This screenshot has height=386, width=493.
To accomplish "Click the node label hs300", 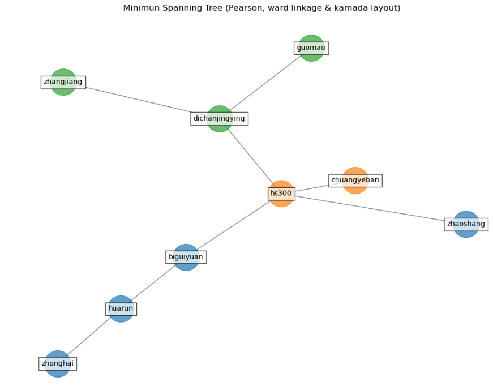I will [281, 194].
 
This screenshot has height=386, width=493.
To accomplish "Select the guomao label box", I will [311, 48].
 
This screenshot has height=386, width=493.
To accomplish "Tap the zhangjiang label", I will [63, 82].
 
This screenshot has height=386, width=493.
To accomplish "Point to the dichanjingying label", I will [219, 119].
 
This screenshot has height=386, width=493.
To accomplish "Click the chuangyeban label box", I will [355, 181].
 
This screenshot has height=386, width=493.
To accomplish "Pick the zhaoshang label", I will [466, 224].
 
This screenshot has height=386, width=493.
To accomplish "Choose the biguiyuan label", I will [186, 257].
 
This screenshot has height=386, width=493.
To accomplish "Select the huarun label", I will [121, 309].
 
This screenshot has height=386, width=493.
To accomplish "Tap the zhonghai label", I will [57, 363].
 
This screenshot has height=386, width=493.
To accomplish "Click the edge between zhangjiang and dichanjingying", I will [142, 101].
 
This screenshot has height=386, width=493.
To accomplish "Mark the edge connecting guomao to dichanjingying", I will [266, 83].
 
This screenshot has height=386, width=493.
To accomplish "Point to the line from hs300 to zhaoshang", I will [374, 209].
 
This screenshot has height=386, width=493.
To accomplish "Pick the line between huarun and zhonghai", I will [89, 336].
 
